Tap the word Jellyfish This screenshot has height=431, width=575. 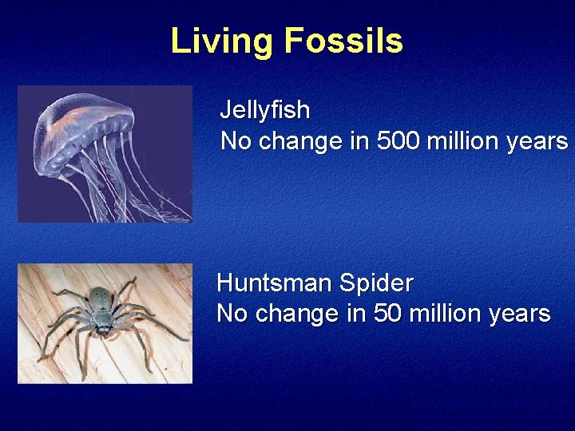pyautogui.click(x=264, y=109)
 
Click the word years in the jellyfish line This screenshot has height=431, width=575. pyautogui.click(x=541, y=142)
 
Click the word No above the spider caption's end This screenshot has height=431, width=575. pyautogui.click(x=232, y=314)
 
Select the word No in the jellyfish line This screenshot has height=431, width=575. pyautogui.click(x=236, y=141)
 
